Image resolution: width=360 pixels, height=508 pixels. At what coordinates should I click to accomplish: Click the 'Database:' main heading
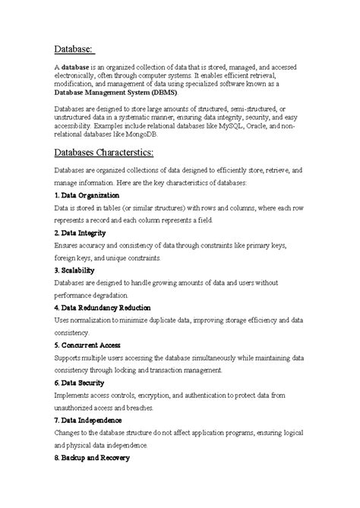pos(74,49)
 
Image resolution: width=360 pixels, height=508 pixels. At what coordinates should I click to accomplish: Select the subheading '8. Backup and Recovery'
pos(92,458)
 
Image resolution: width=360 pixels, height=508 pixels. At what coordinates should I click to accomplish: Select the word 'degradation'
pos(113,295)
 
